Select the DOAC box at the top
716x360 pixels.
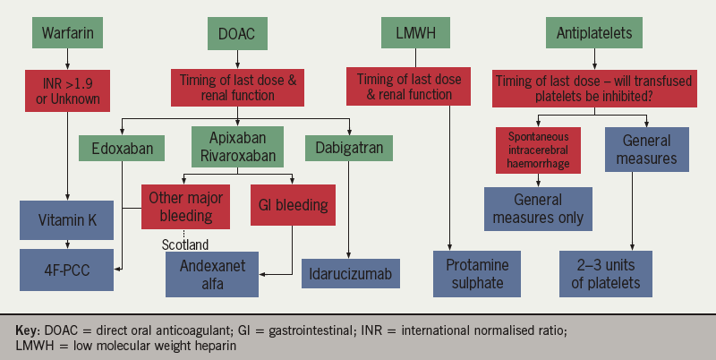click(x=237, y=34)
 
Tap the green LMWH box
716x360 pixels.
click(x=415, y=34)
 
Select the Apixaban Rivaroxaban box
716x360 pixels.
click(x=237, y=147)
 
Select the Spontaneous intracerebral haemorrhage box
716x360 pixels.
click(x=538, y=148)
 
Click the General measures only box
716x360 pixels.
click(x=538, y=207)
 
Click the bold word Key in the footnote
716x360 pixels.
click(x=29, y=330)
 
